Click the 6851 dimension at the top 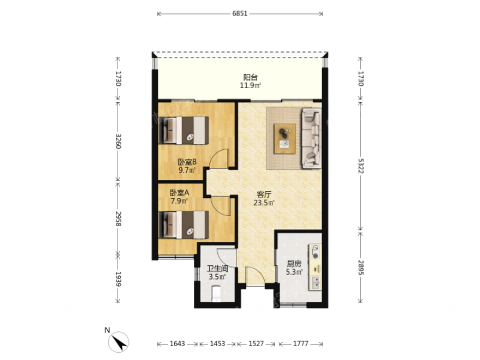click(239, 13)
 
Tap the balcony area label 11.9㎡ click(250, 85)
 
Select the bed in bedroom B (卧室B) click(184, 130)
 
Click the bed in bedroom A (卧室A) click(184, 224)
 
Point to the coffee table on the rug click(284, 139)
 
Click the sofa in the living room click(311, 138)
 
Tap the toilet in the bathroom click(217, 293)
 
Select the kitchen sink click(316, 283)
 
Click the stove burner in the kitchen click(316, 252)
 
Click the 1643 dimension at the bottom click(177, 344)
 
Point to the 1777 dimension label click(301, 344)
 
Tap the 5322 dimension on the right click(361, 166)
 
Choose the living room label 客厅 click(264, 194)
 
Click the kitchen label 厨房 click(294, 263)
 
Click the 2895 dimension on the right click(361, 268)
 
